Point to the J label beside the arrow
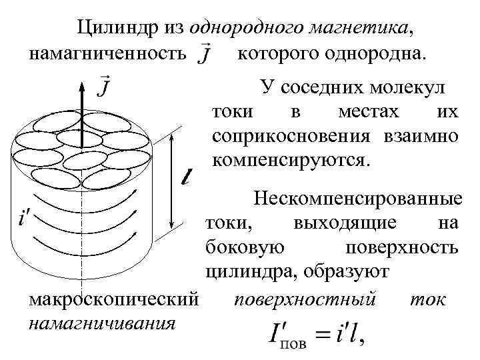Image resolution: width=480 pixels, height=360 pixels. click(105, 87)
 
